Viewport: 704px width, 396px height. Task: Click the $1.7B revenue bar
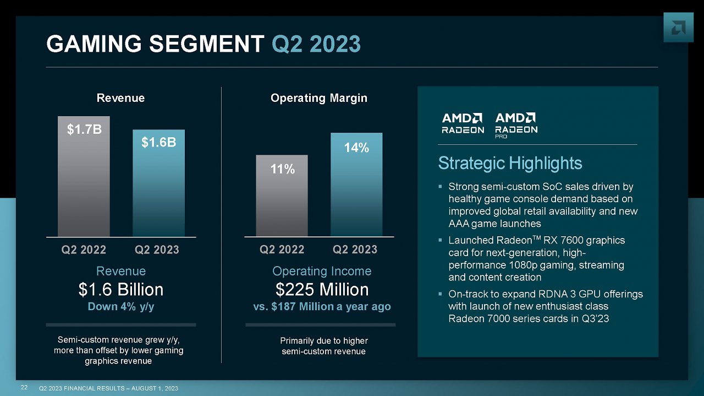point(84,176)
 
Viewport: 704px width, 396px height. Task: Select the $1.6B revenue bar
point(159,183)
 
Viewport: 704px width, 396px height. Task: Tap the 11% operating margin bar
point(282,196)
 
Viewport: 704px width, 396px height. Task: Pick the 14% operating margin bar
point(356,185)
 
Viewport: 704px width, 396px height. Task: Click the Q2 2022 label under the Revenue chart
point(84,250)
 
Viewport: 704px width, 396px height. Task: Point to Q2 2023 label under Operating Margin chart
point(355,249)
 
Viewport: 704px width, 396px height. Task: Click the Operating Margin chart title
point(318,98)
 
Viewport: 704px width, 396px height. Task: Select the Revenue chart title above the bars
point(120,98)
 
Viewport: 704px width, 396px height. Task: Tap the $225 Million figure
point(322,290)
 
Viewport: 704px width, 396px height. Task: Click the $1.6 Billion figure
point(121,290)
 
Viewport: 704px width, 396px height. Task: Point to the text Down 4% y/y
point(121,307)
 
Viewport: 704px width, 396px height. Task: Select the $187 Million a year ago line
point(322,307)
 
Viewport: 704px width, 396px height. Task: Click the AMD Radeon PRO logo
point(516,126)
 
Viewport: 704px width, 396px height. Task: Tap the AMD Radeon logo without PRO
point(463,123)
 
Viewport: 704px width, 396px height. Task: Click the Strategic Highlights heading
point(510,163)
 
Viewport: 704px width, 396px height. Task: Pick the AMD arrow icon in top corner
point(678,28)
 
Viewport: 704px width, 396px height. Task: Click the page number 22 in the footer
point(24,388)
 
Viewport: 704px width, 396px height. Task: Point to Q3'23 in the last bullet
point(595,319)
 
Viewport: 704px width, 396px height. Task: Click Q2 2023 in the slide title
point(316,45)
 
